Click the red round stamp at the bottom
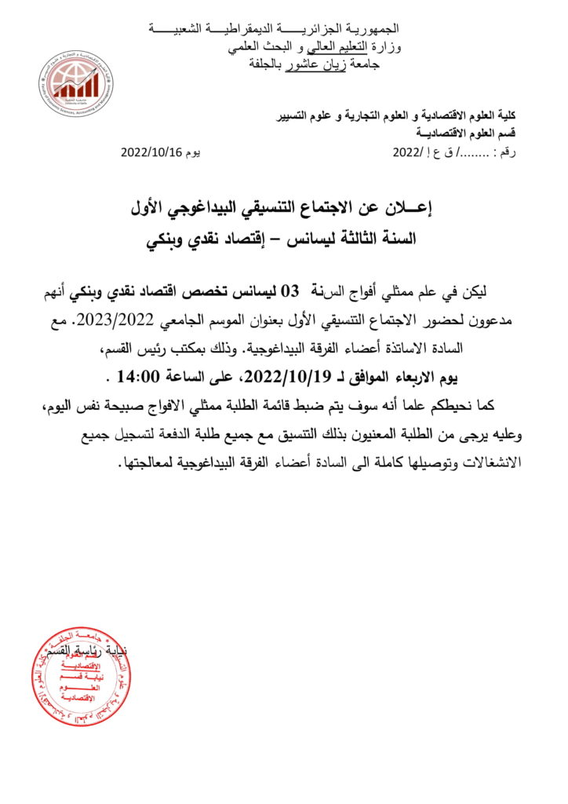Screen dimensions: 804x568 coord(81,675)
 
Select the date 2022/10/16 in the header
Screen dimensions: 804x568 coord(151,153)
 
